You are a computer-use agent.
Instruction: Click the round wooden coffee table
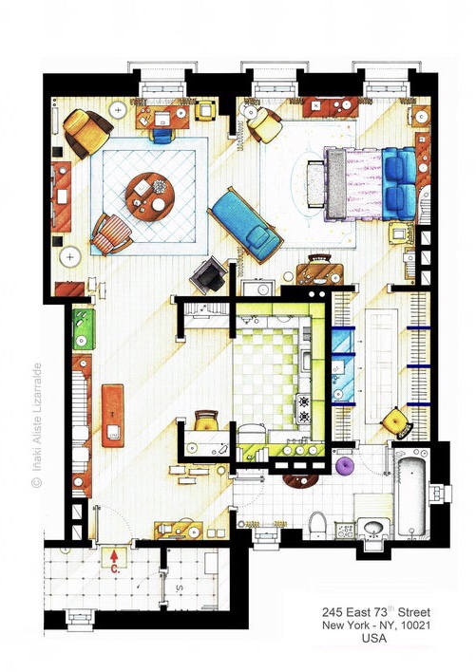pyautogui.click(x=150, y=196)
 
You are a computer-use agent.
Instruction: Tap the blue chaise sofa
pyautogui.click(x=245, y=225)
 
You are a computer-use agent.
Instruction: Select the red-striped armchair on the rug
pyautogui.click(x=111, y=234)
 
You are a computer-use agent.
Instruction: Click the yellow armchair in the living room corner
pyautogui.click(x=87, y=133)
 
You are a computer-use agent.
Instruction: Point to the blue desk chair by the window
pyautogui.click(x=162, y=136)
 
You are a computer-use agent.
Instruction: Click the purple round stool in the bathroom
pyautogui.click(x=344, y=466)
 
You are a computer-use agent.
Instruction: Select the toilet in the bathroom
pyautogui.click(x=317, y=525)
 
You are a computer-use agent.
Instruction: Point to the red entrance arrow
pyautogui.click(x=114, y=556)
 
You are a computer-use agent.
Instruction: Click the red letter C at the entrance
pyautogui.click(x=115, y=569)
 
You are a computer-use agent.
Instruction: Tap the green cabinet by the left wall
pyautogui.click(x=84, y=329)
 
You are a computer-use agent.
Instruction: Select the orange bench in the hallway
pyautogui.click(x=113, y=416)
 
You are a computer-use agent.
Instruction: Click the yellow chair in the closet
pyautogui.click(x=397, y=422)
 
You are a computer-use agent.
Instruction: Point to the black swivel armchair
pyautogui.click(x=209, y=275)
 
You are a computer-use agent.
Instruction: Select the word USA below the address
pyautogui.click(x=374, y=639)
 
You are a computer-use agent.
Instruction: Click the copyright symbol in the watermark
pyautogui.click(x=37, y=483)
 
